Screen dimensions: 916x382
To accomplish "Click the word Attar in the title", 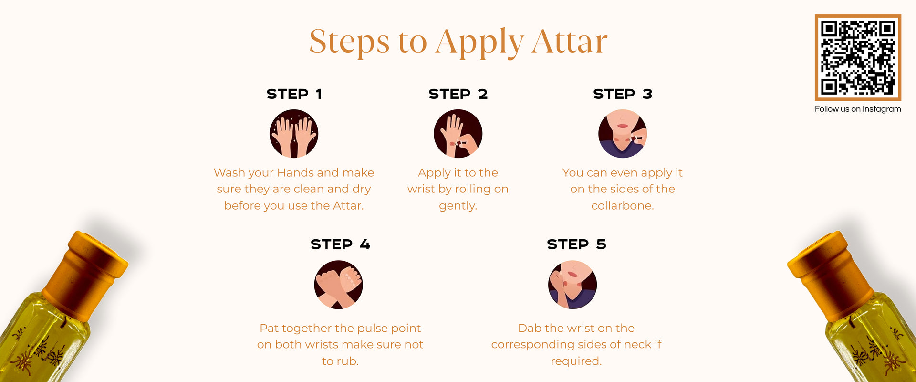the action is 570,42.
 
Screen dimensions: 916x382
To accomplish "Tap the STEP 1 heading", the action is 294,94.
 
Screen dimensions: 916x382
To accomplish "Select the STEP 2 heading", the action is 458,94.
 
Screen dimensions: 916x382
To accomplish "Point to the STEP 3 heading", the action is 623,94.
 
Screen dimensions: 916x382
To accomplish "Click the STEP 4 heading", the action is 340,244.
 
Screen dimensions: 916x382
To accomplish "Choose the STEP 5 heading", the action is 576,244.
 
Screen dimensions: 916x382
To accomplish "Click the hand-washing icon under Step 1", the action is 294,134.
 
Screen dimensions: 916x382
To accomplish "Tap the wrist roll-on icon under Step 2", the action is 458,134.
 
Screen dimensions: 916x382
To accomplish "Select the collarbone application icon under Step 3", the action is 623,134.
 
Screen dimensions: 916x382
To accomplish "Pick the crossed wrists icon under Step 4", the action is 338,285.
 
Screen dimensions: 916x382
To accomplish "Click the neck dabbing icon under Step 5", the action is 572,285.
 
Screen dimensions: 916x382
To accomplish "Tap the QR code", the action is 858,57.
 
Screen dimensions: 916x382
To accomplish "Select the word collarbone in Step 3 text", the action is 621,205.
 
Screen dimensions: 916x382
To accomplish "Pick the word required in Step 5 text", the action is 575,361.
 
